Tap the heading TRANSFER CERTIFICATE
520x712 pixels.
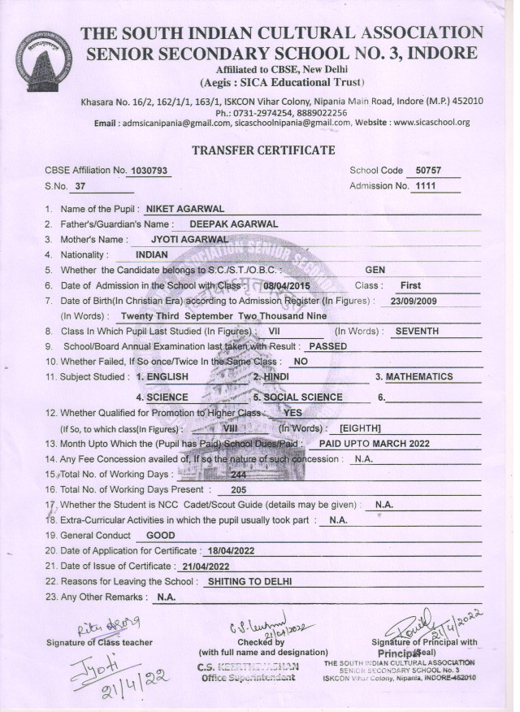tap(262, 150)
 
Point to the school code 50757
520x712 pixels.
tap(427, 171)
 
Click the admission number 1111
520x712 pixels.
tap(425, 186)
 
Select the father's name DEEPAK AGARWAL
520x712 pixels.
tap(233, 224)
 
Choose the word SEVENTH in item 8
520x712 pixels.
tap(417, 332)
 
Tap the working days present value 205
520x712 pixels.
tap(239, 490)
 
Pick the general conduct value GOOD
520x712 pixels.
tap(160, 536)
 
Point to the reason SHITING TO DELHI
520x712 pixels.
tap(249, 582)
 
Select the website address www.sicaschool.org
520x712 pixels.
tap(431, 122)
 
